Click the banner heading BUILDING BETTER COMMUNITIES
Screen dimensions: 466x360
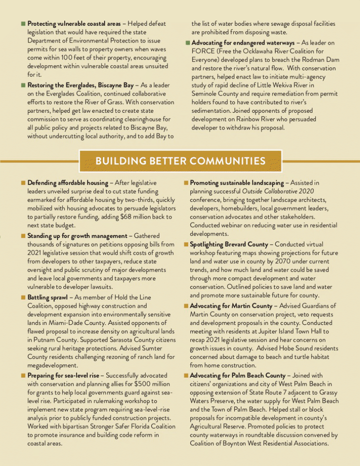tap(180, 161)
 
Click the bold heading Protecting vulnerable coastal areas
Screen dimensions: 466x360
tap(74, 24)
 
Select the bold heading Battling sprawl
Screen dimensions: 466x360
tap(48, 297)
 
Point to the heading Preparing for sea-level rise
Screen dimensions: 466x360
tap(63, 376)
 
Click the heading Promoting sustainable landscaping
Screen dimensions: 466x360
tap(237, 183)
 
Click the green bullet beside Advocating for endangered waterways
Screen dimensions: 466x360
tap(187, 43)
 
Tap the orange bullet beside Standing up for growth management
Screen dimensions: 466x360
tap(23, 236)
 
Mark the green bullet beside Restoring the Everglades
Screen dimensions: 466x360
tap(23, 85)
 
